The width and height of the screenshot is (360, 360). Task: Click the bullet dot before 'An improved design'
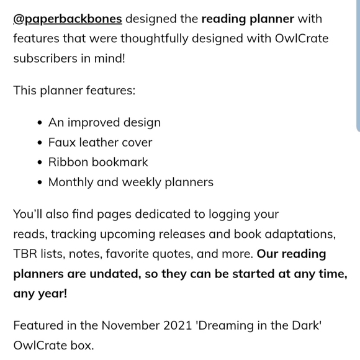coord(40,123)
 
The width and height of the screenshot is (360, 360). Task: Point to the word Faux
coord(63,142)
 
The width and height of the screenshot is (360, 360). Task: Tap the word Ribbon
coord(68,162)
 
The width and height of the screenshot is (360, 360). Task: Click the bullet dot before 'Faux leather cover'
coord(40,143)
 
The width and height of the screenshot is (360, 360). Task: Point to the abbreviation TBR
coord(25,254)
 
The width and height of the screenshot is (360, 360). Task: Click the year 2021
coord(191,325)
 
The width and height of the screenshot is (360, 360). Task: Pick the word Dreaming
coord(238,325)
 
